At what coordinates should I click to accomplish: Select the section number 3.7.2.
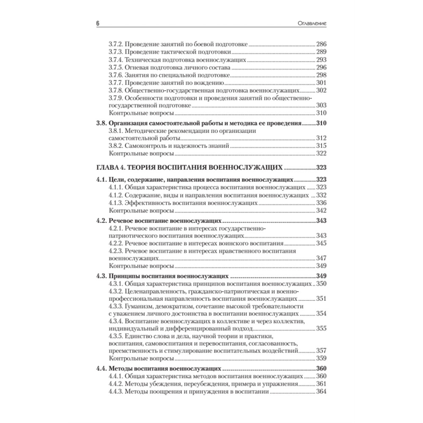pos(116,44)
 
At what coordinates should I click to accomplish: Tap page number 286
pos(321,44)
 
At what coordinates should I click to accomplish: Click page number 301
pos(321,82)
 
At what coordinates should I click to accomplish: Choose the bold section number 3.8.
pos(101,124)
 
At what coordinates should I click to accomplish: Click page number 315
pos(321,146)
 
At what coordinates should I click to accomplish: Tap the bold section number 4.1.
pos(101,179)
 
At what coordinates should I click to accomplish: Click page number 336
pos(321,203)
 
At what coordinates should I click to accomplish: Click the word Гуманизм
pos(143,306)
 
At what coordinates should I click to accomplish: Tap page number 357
pos(321,351)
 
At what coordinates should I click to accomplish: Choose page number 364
pos(321,391)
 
